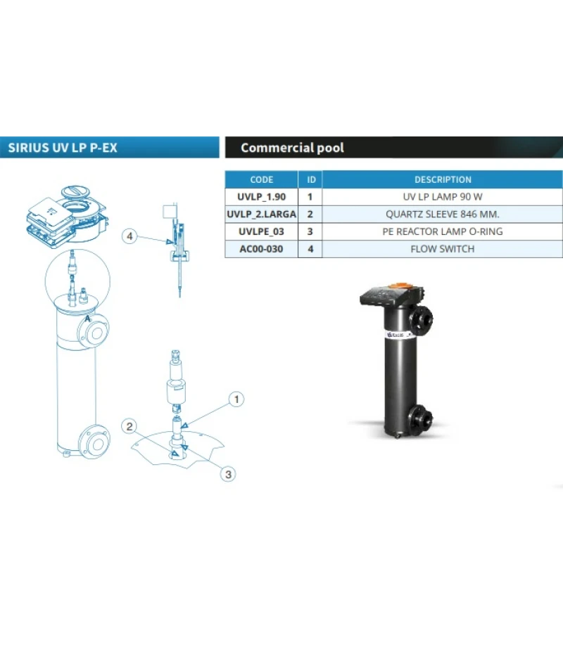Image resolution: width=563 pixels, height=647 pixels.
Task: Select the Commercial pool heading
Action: pyautogui.click(x=292, y=148)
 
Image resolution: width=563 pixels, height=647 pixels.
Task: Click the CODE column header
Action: pyautogui.click(x=261, y=179)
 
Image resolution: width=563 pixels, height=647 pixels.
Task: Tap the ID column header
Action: pyautogui.click(x=310, y=179)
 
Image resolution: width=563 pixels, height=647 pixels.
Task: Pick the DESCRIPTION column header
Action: pyautogui.click(x=443, y=179)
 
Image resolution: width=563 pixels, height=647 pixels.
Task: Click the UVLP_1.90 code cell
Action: pyautogui.click(x=261, y=197)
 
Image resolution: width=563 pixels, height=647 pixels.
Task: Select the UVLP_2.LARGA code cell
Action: pyautogui.click(x=261, y=214)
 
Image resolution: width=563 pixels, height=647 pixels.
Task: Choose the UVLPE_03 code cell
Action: pyautogui.click(x=261, y=231)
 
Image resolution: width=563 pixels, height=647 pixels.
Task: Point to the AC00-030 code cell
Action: pyautogui.click(x=261, y=248)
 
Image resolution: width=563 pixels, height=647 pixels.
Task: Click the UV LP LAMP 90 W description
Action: pyautogui.click(x=443, y=197)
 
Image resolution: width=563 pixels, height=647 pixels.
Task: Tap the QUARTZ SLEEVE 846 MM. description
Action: pyautogui.click(x=443, y=214)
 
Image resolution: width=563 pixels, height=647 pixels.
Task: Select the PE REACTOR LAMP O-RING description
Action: pyautogui.click(x=443, y=231)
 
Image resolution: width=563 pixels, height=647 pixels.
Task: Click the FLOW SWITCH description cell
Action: pyautogui.click(x=443, y=248)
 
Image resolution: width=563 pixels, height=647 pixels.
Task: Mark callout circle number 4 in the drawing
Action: pyautogui.click(x=129, y=236)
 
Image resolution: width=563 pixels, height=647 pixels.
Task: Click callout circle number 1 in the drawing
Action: pyautogui.click(x=237, y=399)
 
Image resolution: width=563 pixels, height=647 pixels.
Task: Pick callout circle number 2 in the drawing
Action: pyautogui.click(x=128, y=425)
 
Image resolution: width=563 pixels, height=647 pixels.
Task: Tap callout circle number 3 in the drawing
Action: pyautogui.click(x=227, y=474)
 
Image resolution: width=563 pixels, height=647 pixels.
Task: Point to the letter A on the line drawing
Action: pyautogui.click(x=87, y=319)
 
